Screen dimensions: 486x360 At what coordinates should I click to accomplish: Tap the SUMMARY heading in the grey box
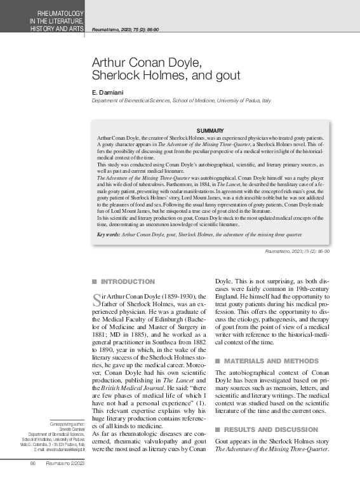(x=210, y=130)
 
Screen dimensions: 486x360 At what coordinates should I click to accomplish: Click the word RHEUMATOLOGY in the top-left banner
(x=58, y=13)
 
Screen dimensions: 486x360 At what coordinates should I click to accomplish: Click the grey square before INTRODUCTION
(x=94, y=281)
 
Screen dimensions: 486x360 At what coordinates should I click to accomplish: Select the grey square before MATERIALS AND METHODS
(x=218, y=361)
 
